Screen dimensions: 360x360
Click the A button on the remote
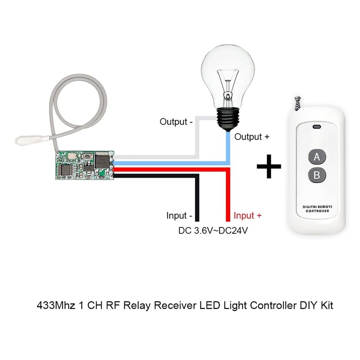click(x=317, y=157)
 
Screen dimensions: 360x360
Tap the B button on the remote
click(x=317, y=175)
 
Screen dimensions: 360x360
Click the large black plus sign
click(x=269, y=166)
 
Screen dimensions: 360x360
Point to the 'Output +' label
click(x=252, y=137)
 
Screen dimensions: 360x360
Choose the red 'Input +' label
click(x=248, y=216)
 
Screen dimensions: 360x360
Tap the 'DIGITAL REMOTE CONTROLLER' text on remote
click(x=317, y=209)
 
